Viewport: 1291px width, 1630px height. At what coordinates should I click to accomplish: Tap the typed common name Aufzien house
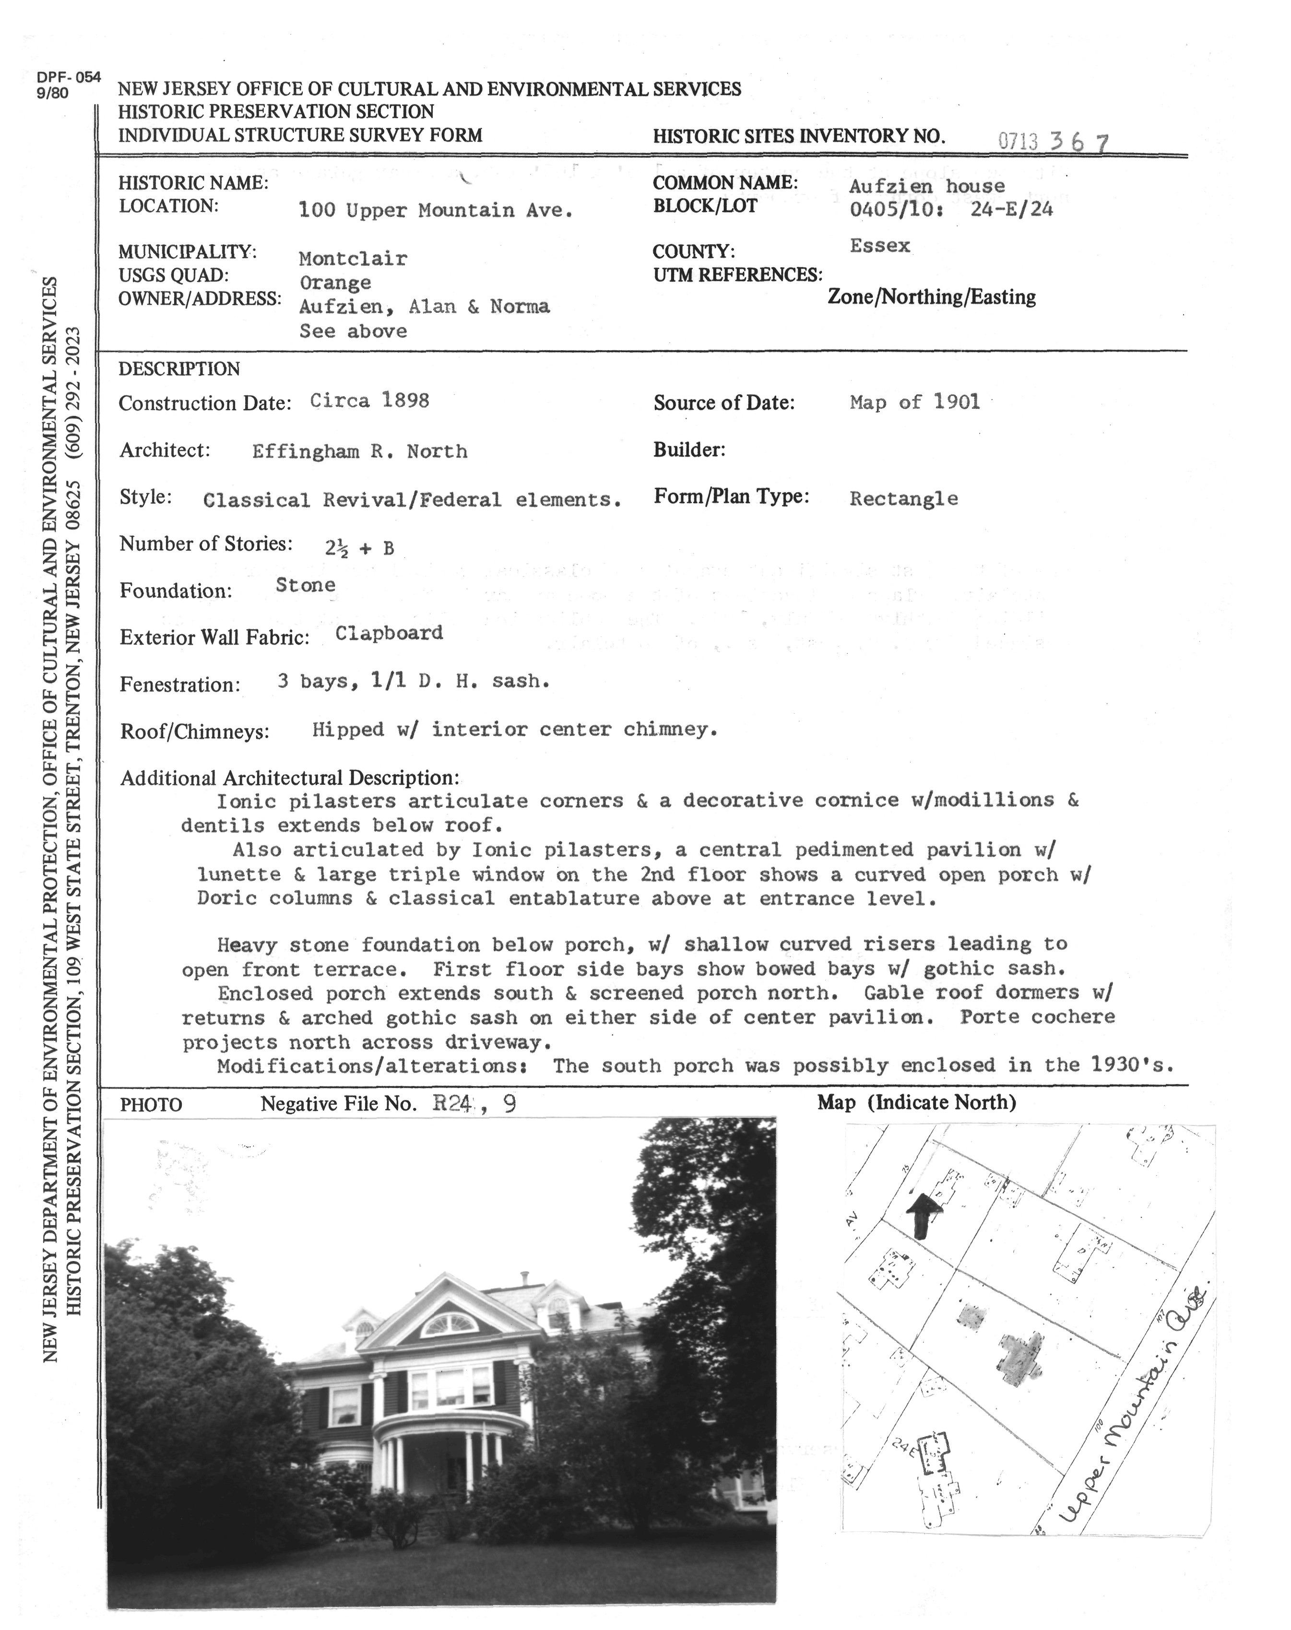927,186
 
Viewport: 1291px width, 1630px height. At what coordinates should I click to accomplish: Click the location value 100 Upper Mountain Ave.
436,210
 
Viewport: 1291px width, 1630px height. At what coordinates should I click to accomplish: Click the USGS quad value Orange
335,283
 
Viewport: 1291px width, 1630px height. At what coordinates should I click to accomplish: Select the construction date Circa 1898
369,401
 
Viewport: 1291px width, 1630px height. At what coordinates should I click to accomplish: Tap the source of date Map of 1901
914,402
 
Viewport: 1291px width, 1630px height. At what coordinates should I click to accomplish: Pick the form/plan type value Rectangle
903,499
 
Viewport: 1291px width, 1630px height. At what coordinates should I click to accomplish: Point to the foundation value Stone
306,585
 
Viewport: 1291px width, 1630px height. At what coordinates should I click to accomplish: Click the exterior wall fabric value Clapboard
389,633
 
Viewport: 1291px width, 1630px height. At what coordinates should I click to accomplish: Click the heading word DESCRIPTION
179,369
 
